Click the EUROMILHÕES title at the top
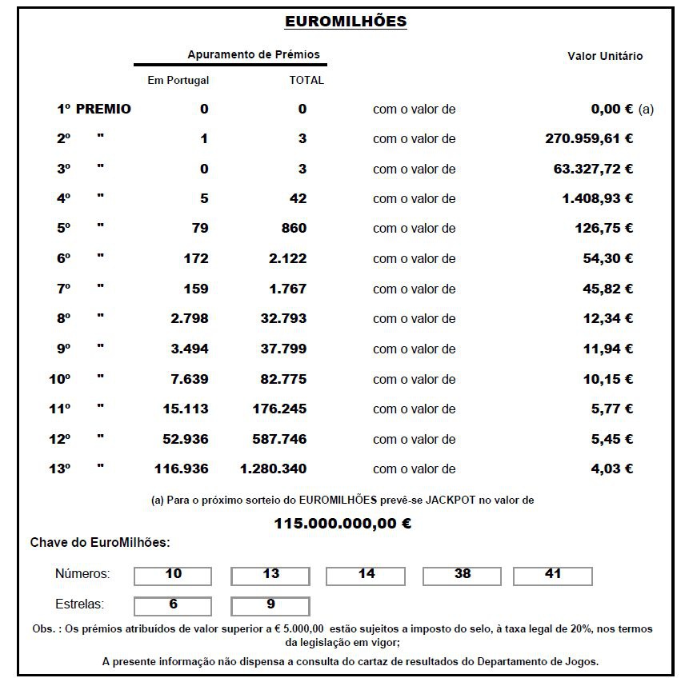click(346, 22)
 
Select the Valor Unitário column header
click(604, 56)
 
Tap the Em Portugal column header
click(178, 80)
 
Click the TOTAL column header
click(306, 80)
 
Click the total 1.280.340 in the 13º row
click(273, 469)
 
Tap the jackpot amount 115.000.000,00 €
click(342, 524)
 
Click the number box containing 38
click(462, 576)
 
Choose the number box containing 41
click(552, 576)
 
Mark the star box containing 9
click(270, 605)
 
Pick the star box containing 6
click(173, 605)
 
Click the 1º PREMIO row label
click(94, 109)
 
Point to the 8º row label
click(64, 318)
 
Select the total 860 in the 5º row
click(294, 228)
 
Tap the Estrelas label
click(79, 604)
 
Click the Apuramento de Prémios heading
click(253, 54)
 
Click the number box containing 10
click(173, 576)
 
